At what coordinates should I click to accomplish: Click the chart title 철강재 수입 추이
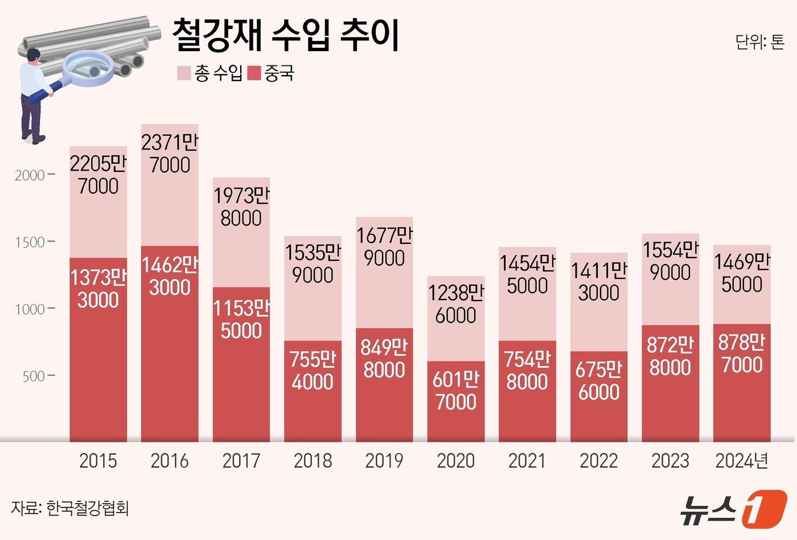point(286,35)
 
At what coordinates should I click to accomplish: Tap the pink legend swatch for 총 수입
point(184,73)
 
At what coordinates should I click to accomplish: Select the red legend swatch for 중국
point(254,73)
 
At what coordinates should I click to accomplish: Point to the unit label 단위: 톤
point(759,42)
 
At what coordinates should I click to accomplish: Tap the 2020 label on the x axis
point(455,460)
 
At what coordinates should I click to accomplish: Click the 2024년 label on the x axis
point(742,460)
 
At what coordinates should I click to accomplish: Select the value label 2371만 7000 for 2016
point(170,153)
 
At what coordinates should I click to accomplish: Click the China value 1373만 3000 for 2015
point(98,289)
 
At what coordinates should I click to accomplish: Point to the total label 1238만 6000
point(455,304)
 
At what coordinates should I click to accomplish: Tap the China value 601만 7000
point(455,391)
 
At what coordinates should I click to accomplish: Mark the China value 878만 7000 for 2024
point(742,354)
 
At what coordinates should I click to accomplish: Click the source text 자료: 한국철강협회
point(69,508)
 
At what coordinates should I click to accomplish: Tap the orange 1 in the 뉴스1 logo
point(765,508)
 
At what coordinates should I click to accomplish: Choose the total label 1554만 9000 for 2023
point(670,261)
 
